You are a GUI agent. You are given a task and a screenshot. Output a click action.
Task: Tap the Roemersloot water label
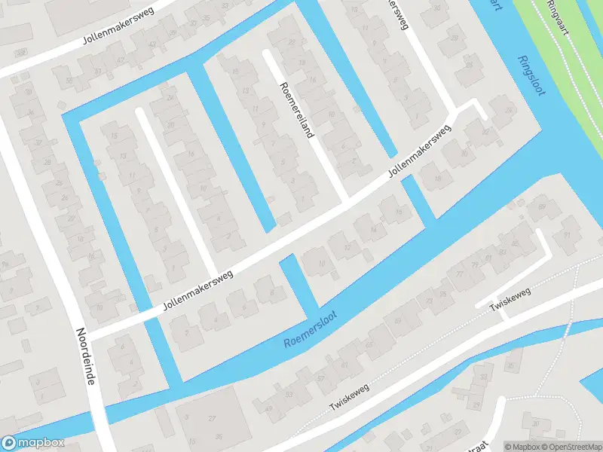[x=310, y=328]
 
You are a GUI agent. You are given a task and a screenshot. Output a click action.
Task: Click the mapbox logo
[x=32, y=443]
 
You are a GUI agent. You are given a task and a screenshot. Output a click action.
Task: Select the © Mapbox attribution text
[x=522, y=446]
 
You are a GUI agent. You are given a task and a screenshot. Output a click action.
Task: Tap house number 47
[x=120, y=60]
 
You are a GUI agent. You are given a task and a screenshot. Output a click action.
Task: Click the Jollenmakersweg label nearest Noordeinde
[x=197, y=290]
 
